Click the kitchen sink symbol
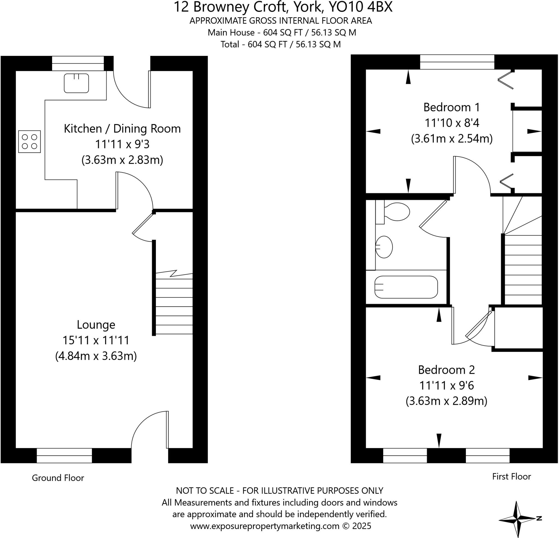76,83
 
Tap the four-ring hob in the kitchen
29,142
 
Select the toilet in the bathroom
396,212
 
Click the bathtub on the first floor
406,287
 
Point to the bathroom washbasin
384,247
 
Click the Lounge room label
96,324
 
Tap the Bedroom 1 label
451,107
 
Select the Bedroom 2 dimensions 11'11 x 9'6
446,385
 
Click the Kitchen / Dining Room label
122,128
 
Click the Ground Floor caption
58,478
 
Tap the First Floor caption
512,476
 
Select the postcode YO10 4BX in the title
361,7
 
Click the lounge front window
64,456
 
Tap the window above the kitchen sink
78,63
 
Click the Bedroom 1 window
457,62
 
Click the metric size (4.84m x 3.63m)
96,356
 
